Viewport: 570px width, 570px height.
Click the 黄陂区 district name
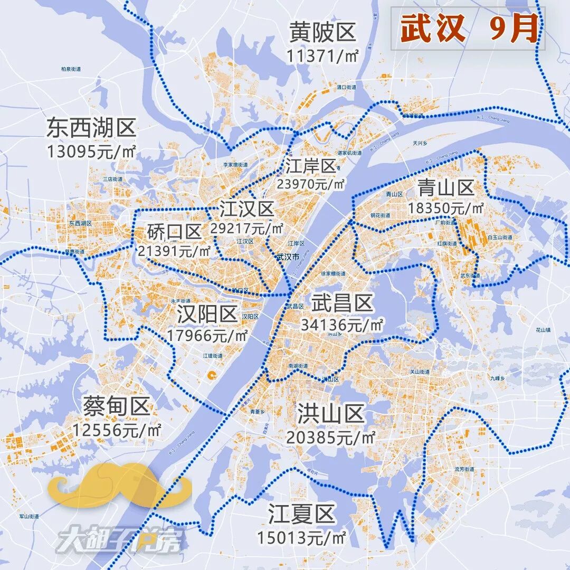(322, 33)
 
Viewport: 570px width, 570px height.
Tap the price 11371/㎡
(322, 54)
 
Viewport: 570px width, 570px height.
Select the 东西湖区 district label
(91, 128)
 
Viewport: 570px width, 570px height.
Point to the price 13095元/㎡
(91, 151)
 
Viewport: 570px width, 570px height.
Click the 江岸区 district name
(311, 166)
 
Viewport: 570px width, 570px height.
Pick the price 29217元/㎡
(246, 229)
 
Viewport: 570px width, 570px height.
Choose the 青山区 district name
(446, 187)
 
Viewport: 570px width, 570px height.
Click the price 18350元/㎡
(446, 208)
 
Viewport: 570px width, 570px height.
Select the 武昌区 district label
(342, 303)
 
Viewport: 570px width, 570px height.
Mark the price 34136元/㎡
(342, 325)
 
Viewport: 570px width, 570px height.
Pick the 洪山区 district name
(330, 413)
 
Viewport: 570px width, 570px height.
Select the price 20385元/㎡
(330, 437)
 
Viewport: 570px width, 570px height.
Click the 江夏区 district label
(301, 514)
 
